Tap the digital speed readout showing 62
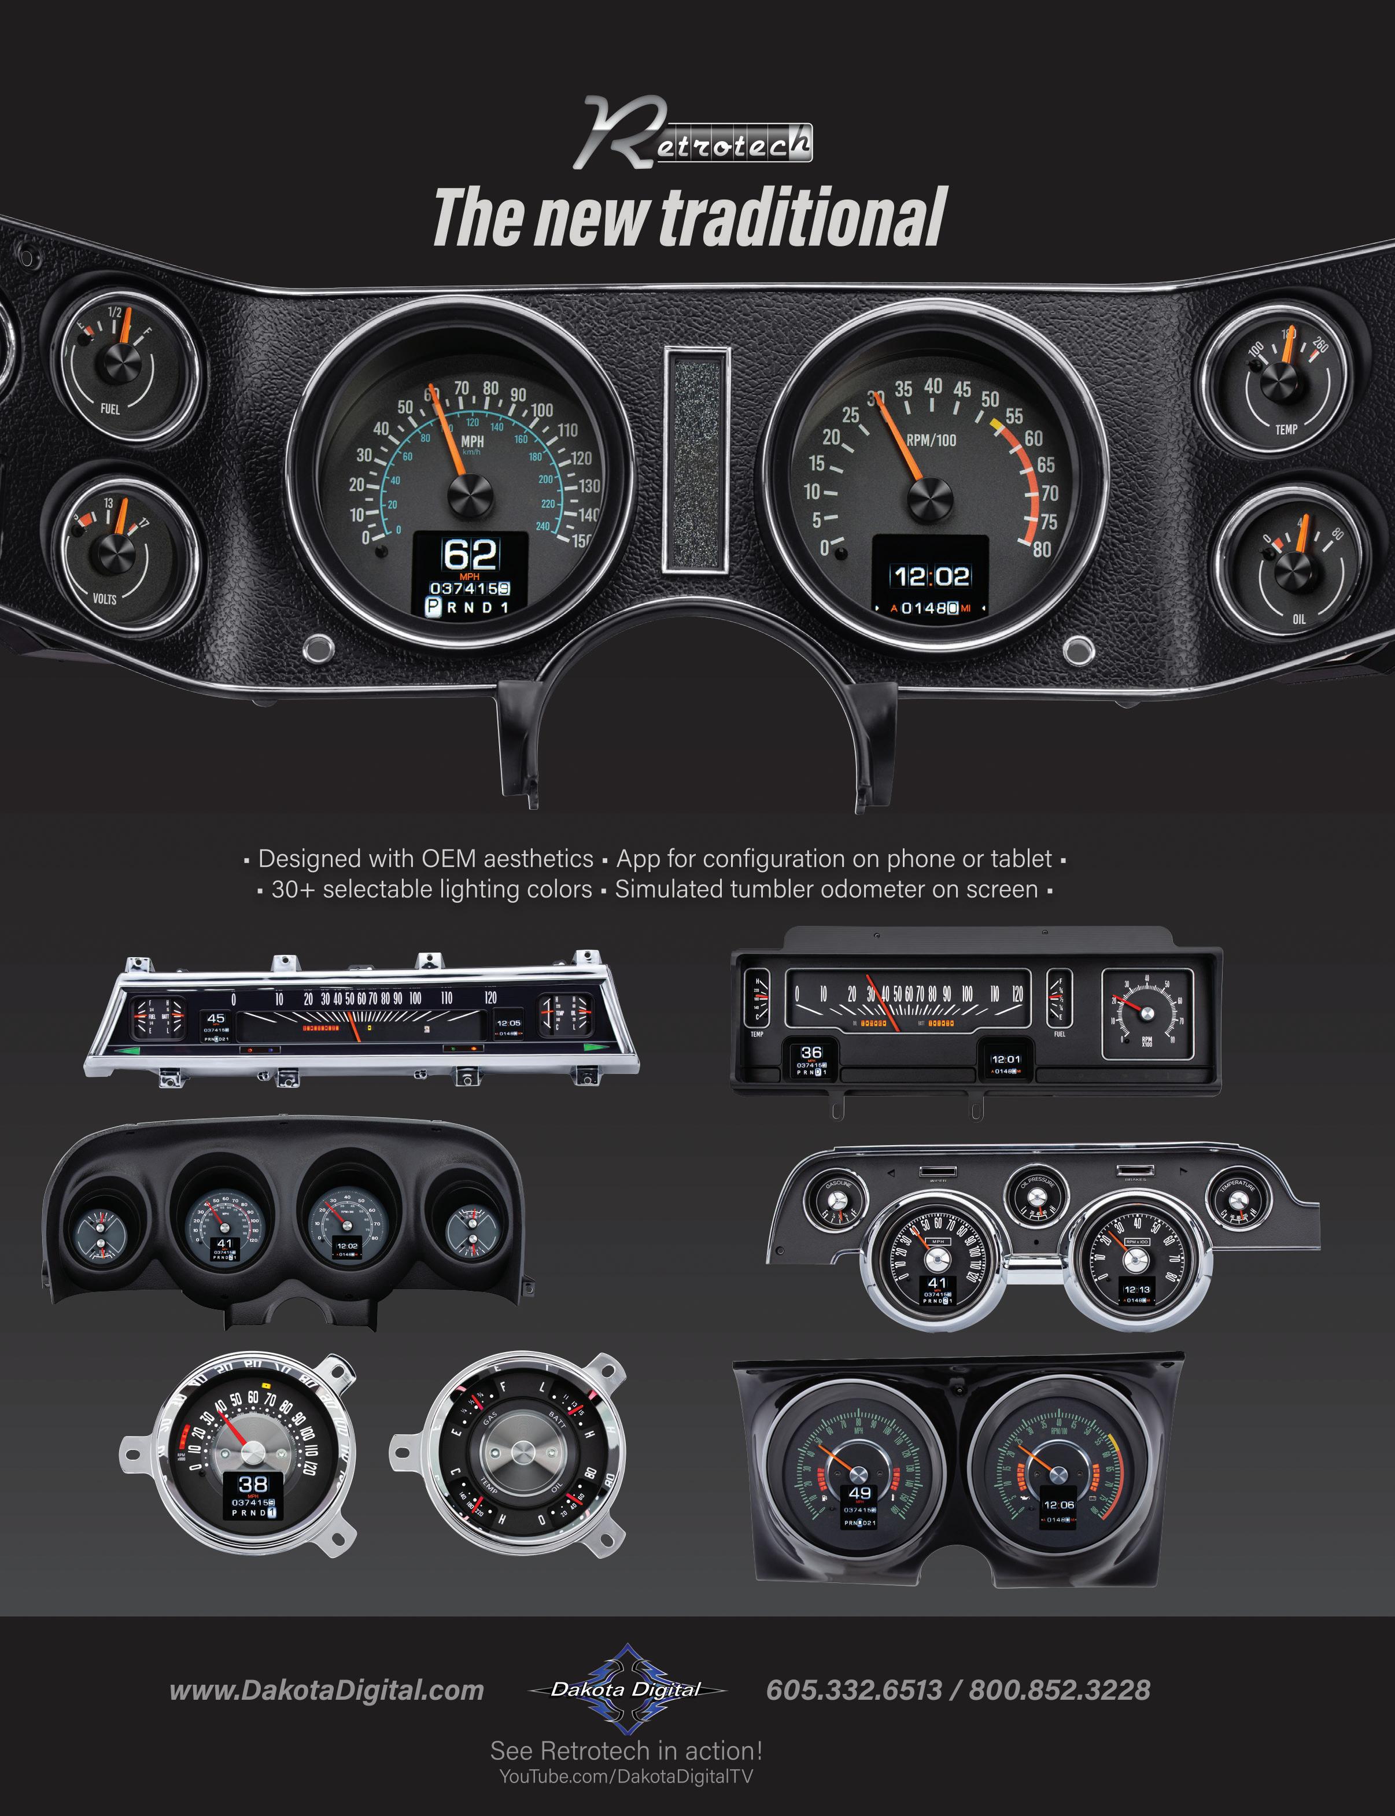[x=470, y=555]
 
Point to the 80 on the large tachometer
[x=1041, y=549]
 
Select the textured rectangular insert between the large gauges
[x=697, y=459]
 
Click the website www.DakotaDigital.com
[x=326, y=1690]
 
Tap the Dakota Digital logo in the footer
[x=627, y=1689]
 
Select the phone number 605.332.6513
[x=854, y=1690]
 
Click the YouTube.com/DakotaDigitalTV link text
[x=625, y=1776]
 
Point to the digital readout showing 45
[x=216, y=1018]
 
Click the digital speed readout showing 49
[x=859, y=1493]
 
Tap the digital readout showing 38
[x=253, y=1484]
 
